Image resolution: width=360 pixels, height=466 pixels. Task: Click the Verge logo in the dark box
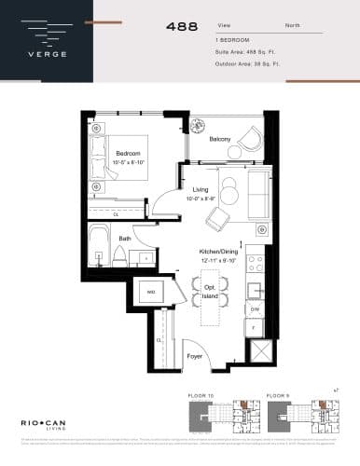click(45, 41)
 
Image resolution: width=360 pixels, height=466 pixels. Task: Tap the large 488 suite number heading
click(182, 28)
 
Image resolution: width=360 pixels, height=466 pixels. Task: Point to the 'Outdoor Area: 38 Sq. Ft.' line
click(249, 65)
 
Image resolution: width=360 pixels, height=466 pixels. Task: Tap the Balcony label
click(220, 140)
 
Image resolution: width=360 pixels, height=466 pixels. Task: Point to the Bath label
click(125, 239)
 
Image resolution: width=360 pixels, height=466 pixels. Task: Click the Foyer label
click(194, 356)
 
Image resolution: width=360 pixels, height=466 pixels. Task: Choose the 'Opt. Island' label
click(211, 292)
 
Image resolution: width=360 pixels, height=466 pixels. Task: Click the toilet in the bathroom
click(101, 255)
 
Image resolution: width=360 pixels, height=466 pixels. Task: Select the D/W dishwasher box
click(255, 308)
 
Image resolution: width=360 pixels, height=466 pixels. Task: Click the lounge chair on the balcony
click(251, 140)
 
